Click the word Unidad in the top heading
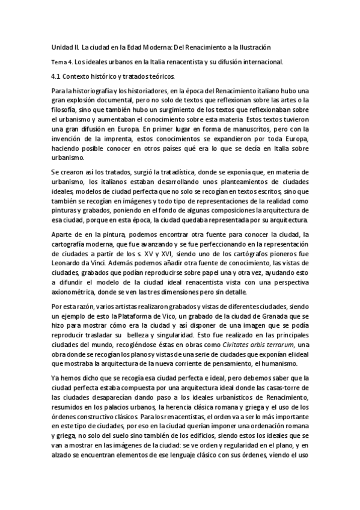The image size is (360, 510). [x=58, y=47]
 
